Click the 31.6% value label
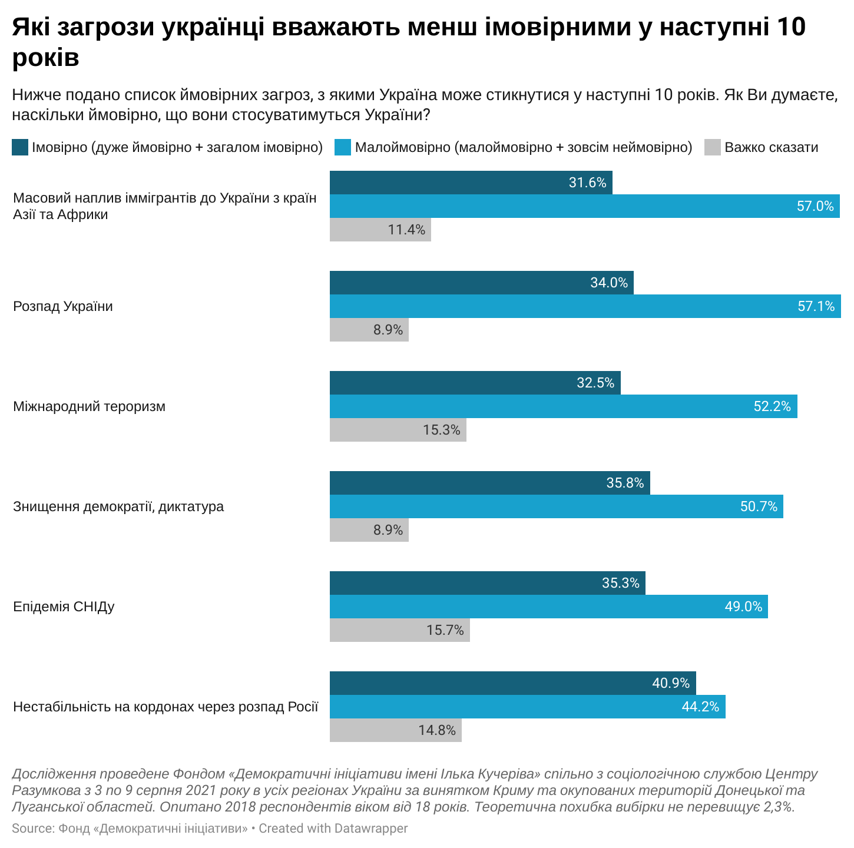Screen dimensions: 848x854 pyautogui.click(x=587, y=183)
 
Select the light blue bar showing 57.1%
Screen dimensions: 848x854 pyautogui.click(x=585, y=306)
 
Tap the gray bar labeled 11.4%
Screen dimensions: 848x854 pyautogui.click(x=380, y=230)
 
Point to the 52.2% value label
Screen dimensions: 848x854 pyautogui.click(x=772, y=406)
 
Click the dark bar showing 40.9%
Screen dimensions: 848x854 pyautogui.click(x=512, y=683)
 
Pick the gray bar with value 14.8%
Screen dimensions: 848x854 pyautogui.click(x=395, y=730)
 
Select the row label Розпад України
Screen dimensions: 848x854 pyautogui.click(x=63, y=306)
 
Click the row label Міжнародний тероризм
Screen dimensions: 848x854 pyautogui.click(x=89, y=406)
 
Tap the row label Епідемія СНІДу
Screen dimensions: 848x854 pyautogui.click(x=64, y=607)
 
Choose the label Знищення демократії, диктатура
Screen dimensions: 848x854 pyautogui.click(x=118, y=506)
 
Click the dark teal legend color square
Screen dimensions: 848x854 pyautogui.click(x=20, y=147)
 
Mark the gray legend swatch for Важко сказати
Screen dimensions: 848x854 pyautogui.click(x=713, y=147)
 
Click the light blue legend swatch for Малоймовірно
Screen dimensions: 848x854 pyautogui.click(x=343, y=147)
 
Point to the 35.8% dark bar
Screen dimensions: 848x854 pyautogui.click(x=489, y=483)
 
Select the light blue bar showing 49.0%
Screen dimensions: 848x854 pyautogui.click(x=548, y=607)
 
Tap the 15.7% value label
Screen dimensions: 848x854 pyautogui.click(x=445, y=630)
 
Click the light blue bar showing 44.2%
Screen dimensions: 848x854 pyautogui.click(x=527, y=707)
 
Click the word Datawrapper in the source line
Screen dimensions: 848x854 pyautogui.click(x=370, y=829)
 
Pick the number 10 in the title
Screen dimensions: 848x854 pyautogui.click(x=790, y=27)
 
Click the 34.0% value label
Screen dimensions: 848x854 pyautogui.click(x=609, y=283)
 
